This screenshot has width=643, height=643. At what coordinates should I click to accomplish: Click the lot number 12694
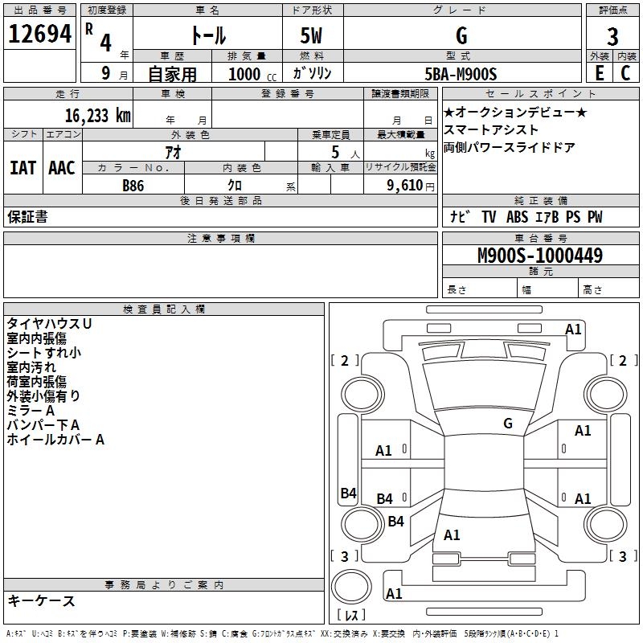(x=39, y=34)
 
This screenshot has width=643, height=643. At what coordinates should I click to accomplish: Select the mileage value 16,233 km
(x=98, y=116)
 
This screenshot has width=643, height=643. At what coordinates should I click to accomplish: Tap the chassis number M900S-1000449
(x=540, y=256)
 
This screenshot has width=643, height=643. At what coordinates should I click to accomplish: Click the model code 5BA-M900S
(x=461, y=74)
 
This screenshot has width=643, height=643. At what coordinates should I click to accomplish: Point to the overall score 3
(x=612, y=37)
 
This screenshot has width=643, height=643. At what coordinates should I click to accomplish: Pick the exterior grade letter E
(x=599, y=73)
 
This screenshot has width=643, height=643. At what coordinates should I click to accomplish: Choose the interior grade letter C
(x=625, y=73)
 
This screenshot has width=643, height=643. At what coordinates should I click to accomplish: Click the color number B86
(x=133, y=186)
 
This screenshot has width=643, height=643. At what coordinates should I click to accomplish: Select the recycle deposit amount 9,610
(x=405, y=186)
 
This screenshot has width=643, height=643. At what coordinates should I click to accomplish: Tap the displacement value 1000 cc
(x=252, y=74)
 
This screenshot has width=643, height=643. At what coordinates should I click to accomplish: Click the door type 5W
(x=311, y=36)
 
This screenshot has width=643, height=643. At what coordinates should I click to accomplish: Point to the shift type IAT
(x=23, y=168)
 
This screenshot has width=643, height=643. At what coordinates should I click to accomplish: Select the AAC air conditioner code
(x=62, y=168)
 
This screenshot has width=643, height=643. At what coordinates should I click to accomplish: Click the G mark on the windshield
(x=508, y=423)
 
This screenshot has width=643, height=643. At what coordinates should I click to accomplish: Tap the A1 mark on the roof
(x=452, y=535)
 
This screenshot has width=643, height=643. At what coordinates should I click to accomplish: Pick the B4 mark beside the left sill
(x=348, y=493)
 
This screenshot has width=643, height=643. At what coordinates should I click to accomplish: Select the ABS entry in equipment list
(x=517, y=217)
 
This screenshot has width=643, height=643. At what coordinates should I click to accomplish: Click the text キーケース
(x=41, y=601)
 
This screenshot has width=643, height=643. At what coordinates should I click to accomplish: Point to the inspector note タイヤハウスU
(x=49, y=324)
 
